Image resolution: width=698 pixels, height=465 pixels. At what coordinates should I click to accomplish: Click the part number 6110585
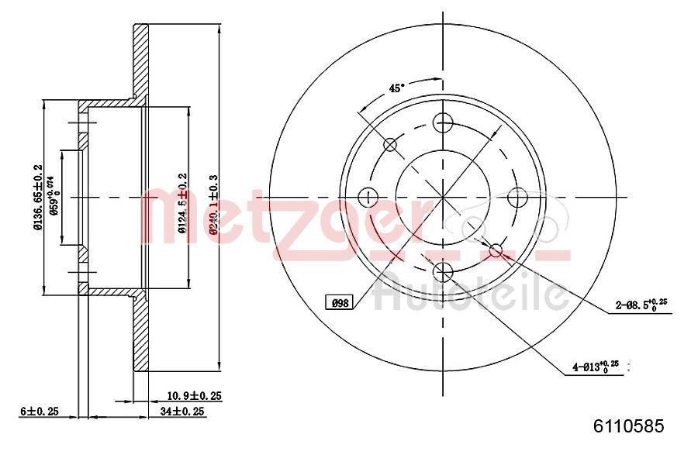628,425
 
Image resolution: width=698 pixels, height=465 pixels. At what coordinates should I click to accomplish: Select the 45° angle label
396,88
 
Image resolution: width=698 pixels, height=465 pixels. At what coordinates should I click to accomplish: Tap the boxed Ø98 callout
340,303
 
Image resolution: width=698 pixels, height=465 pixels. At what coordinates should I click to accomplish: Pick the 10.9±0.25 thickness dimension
195,395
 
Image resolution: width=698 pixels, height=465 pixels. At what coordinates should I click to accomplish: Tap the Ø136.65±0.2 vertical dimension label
37,197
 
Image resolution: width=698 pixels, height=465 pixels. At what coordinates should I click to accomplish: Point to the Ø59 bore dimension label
54,198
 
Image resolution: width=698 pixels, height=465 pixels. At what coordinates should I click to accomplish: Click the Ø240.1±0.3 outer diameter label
213,203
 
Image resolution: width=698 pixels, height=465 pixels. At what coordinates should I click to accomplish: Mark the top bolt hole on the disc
443,122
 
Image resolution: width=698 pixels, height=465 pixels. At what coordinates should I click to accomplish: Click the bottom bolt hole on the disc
443,270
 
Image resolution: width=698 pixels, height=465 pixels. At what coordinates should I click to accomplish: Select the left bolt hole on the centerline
368,197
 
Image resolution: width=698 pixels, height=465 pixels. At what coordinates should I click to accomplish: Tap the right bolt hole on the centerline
517,197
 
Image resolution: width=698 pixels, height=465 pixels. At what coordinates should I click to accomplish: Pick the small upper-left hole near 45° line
390,144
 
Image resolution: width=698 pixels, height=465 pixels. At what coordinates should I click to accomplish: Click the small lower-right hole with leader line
496,249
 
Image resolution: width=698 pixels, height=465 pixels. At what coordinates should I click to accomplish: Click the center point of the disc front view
443,197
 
